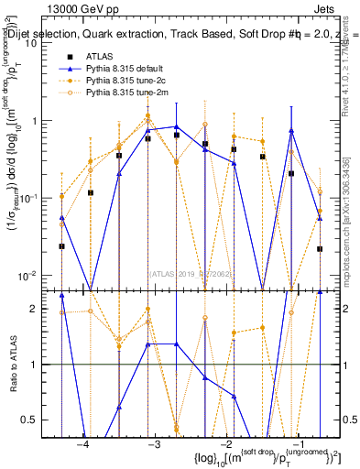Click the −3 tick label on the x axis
tap(154, 444)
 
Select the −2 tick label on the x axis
tap(226, 444)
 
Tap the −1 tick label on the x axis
tap(299, 444)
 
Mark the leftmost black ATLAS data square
tap(61, 245)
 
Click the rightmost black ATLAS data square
tap(320, 248)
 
